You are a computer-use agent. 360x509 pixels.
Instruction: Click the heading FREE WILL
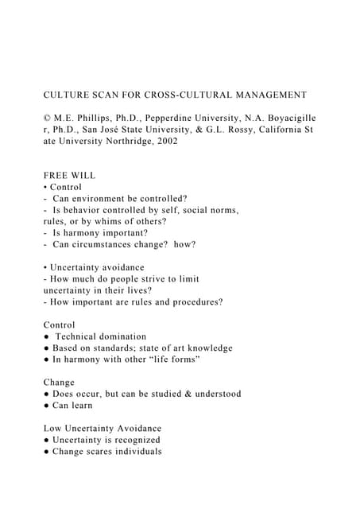[x=69, y=175]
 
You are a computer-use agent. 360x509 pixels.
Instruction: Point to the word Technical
[x=79, y=336]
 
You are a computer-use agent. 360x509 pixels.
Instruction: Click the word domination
[x=123, y=336]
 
